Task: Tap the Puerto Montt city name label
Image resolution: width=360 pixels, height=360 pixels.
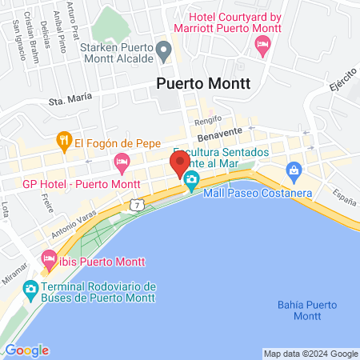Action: point(203,82)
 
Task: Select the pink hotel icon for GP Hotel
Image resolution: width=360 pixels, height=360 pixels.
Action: point(122,163)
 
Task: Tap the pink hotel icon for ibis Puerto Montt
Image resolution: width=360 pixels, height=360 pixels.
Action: point(48,259)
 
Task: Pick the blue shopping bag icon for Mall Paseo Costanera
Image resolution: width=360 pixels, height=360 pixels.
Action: point(294,170)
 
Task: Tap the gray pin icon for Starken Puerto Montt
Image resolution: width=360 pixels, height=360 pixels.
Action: point(165,53)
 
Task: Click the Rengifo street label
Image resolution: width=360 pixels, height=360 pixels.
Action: point(208,122)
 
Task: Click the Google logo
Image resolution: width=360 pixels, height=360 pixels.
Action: point(26,350)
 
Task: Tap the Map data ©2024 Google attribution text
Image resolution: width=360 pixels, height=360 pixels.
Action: point(311,354)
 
